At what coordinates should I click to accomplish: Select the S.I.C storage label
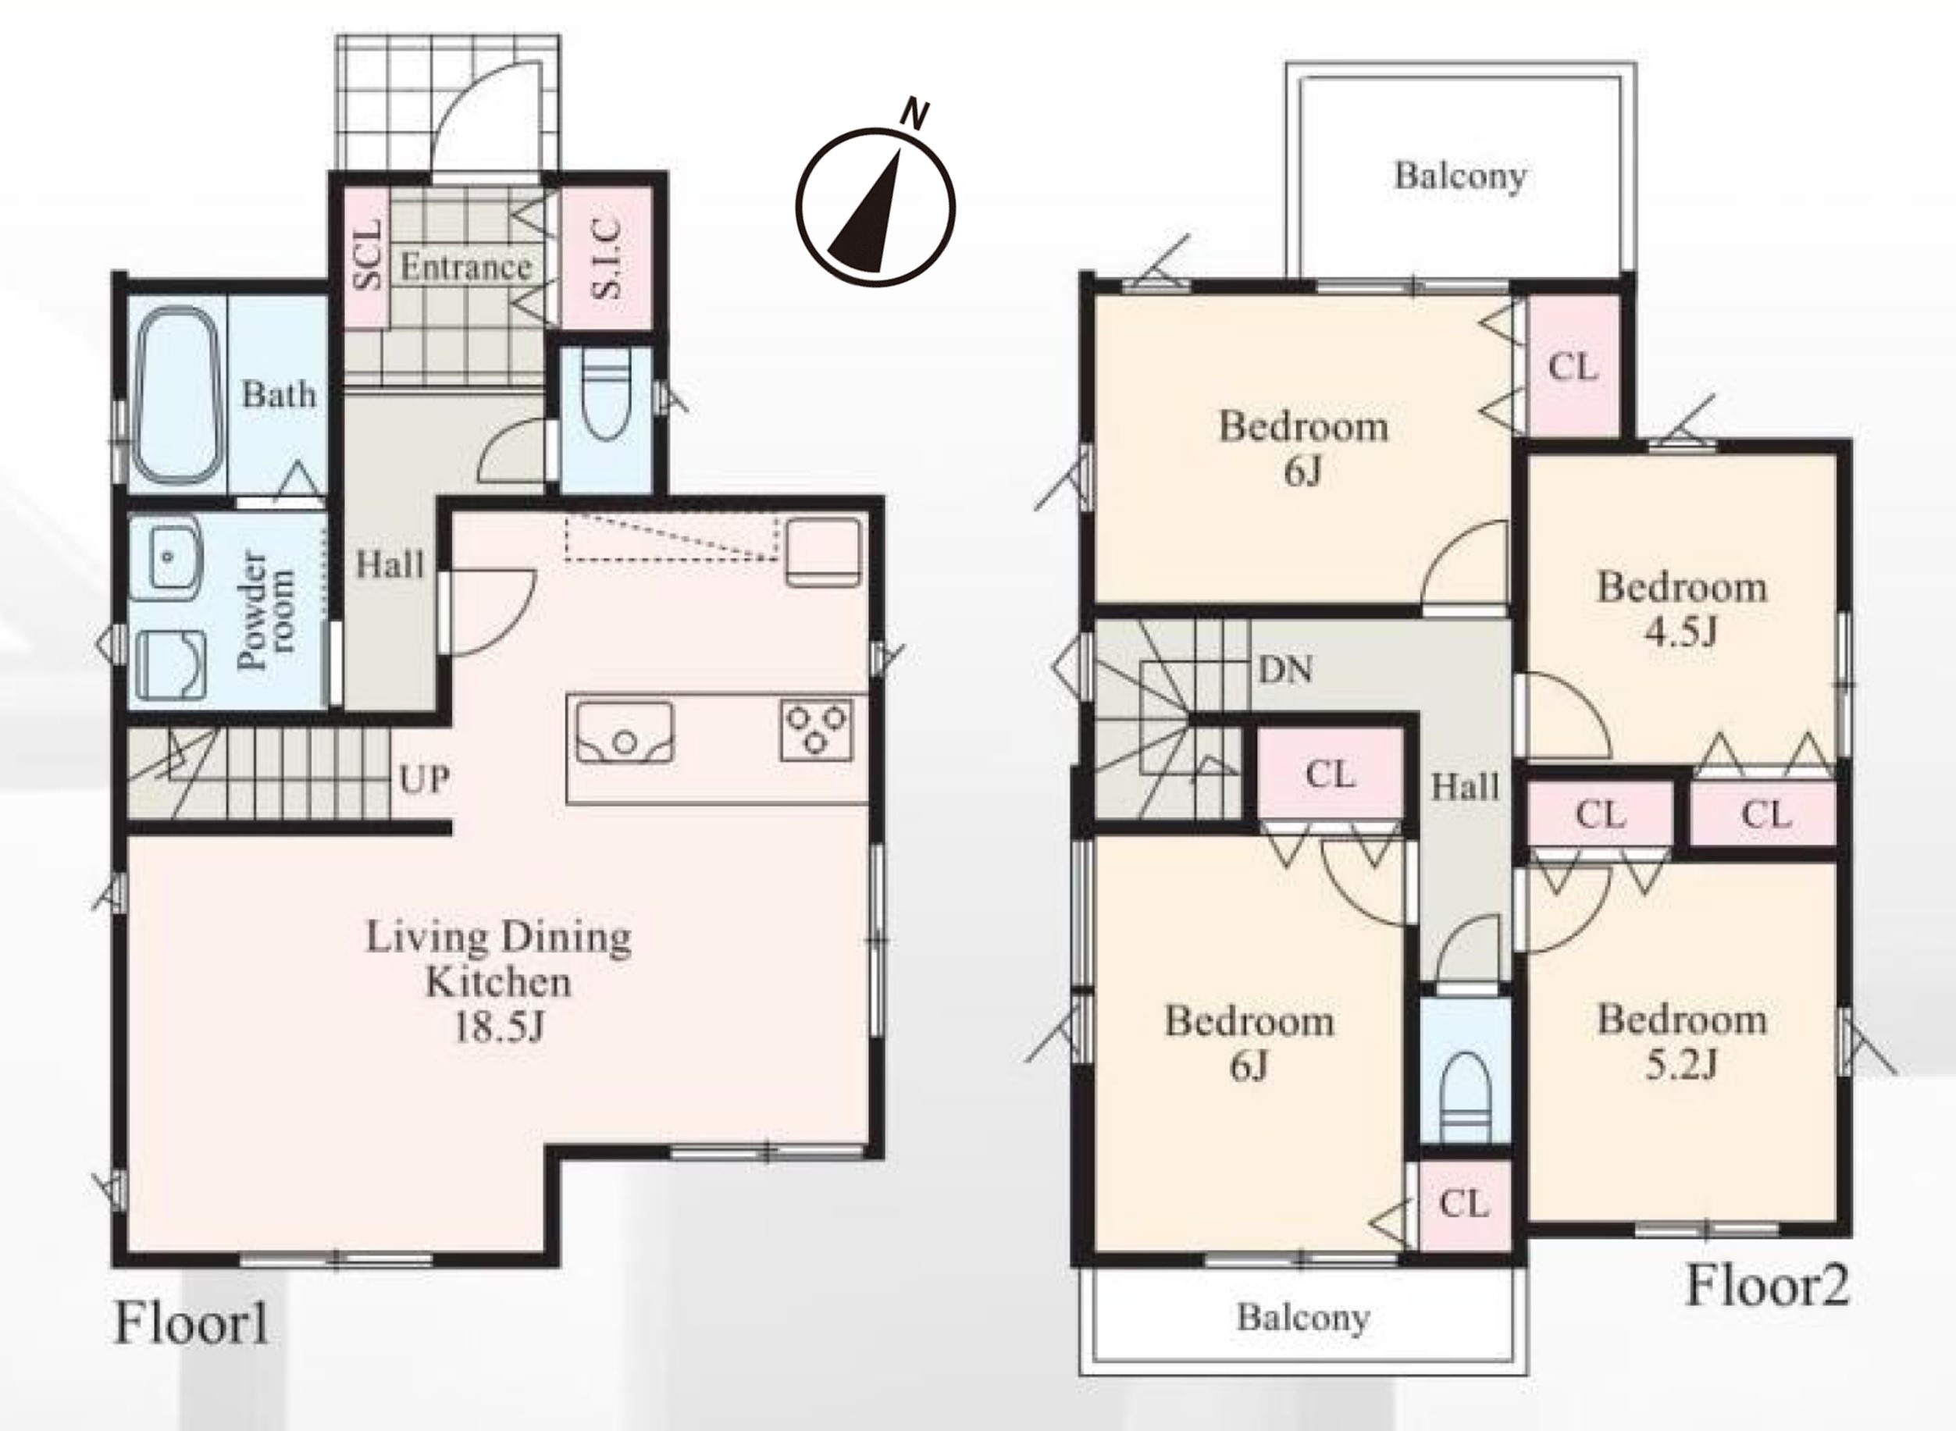click(x=607, y=258)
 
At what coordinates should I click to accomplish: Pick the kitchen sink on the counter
click(x=625, y=732)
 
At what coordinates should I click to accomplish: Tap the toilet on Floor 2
click(x=1466, y=1098)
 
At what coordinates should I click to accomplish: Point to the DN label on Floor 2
click(x=1285, y=670)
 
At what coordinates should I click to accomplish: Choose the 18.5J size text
click(x=499, y=1027)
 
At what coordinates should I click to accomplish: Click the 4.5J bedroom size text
click(x=1680, y=632)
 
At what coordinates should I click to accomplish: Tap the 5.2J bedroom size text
click(x=1680, y=1065)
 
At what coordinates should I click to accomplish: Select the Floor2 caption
click(x=1767, y=1286)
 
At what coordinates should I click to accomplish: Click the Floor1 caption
click(x=191, y=1325)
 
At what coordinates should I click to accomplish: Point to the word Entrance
click(x=465, y=267)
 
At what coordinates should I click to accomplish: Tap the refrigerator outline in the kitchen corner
click(x=824, y=553)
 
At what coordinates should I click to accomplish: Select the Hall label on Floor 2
click(x=1465, y=786)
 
